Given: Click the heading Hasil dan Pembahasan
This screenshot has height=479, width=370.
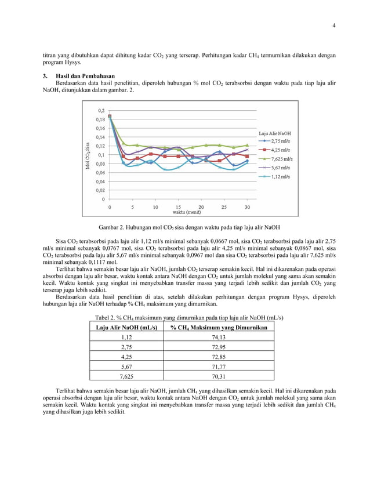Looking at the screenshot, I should pos(85,76).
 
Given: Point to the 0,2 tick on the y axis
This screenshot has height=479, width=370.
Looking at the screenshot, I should pos(101,110).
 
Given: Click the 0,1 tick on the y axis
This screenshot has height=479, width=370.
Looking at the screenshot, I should pos(101,155).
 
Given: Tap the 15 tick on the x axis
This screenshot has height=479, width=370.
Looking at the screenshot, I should pos(177,206).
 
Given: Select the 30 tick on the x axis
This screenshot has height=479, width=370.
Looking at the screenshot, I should pos(248,206).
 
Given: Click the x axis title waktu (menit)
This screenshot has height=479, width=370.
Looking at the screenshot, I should pos(179,212).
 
